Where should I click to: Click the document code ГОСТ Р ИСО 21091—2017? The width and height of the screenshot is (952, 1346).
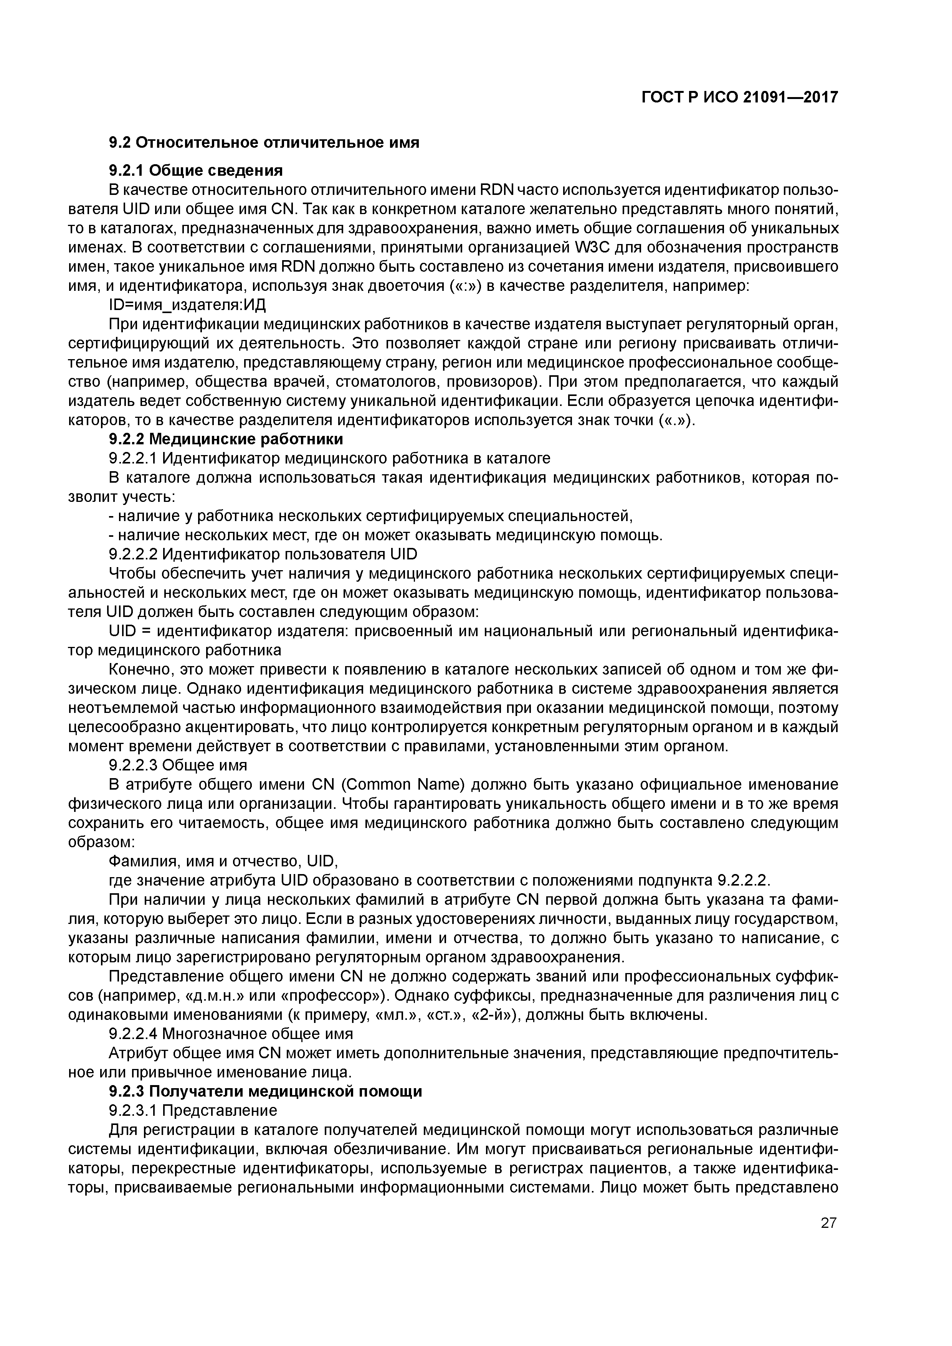click(739, 97)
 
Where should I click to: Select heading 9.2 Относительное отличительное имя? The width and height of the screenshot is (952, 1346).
click(264, 142)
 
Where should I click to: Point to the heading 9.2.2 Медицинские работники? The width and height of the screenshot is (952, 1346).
click(226, 439)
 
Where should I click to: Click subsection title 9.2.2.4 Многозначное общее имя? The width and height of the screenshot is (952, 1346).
click(231, 1034)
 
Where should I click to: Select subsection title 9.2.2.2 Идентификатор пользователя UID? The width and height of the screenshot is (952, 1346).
click(263, 554)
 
